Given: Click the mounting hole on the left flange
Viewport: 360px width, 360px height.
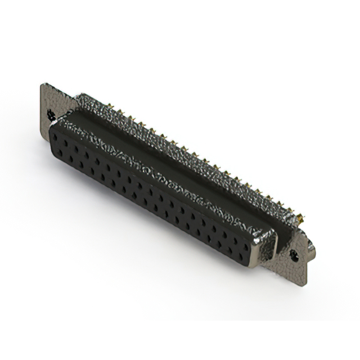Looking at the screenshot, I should (51, 115).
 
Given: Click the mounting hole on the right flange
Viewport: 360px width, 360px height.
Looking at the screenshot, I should (293, 254).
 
